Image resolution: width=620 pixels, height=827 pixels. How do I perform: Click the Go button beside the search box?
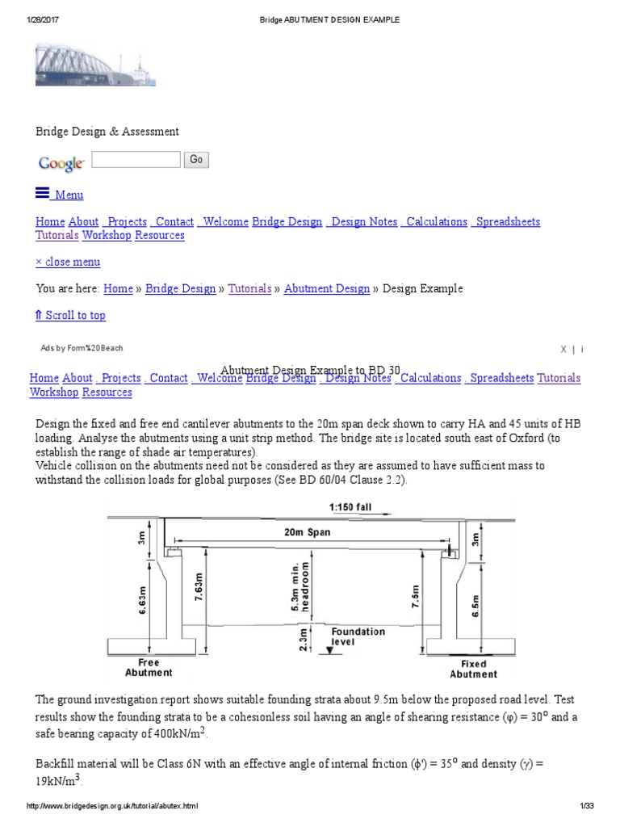[x=195, y=160]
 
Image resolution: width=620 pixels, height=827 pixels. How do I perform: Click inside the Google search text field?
[x=136, y=160]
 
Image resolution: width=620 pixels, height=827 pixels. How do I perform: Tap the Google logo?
[x=61, y=163]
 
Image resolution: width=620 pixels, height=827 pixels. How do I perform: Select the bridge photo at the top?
[x=95, y=65]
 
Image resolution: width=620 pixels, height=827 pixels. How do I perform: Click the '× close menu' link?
[x=68, y=262]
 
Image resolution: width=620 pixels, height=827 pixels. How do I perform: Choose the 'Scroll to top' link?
[x=70, y=315]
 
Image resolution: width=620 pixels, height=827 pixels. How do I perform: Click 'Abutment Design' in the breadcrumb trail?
[x=327, y=288]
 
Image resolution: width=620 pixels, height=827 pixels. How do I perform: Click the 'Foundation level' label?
[x=358, y=637]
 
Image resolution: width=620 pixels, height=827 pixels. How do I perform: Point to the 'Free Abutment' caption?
[x=149, y=667]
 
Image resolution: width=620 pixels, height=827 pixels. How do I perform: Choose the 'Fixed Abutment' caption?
[x=474, y=669]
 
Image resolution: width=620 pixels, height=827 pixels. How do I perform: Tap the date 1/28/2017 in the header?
[x=44, y=19]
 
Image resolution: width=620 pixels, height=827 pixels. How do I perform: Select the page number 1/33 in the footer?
[x=586, y=806]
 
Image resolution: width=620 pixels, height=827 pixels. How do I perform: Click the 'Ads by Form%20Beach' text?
[x=82, y=348]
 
